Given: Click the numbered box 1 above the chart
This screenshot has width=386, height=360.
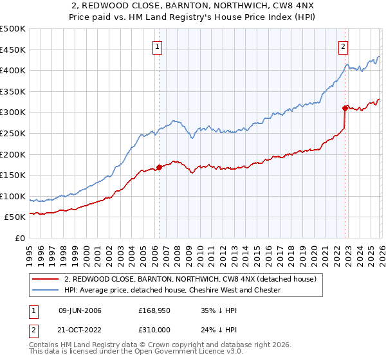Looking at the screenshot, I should [x=158, y=46].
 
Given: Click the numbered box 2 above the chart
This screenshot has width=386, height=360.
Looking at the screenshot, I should [x=344, y=46].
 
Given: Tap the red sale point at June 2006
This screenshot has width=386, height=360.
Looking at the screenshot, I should [x=159, y=168].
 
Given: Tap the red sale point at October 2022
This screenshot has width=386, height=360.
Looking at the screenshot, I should [x=345, y=108].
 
